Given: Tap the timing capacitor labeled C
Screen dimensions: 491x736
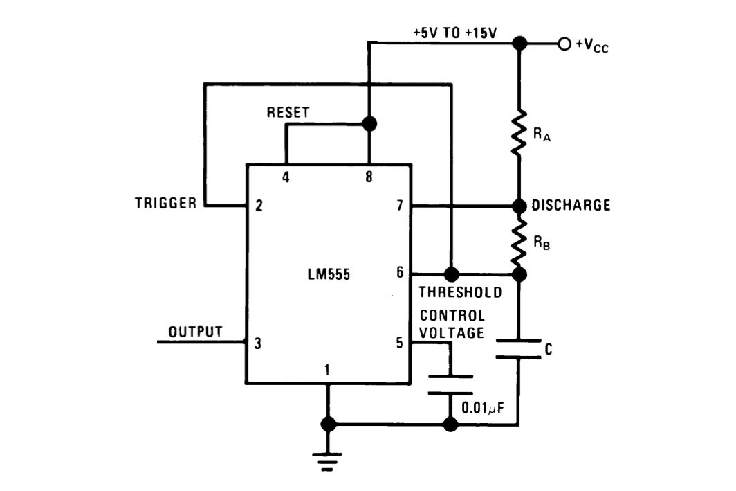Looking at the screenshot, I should [x=519, y=349].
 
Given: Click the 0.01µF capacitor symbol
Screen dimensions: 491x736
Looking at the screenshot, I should [x=450, y=384].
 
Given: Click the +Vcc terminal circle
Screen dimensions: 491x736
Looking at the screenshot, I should [x=564, y=44].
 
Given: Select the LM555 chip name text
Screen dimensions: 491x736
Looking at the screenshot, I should [x=329, y=274].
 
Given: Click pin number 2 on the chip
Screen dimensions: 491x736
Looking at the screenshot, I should [x=258, y=205].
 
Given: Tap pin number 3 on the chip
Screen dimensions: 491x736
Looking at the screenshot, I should [x=258, y=343].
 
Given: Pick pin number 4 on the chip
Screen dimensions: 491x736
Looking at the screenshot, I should [x=285, y=177].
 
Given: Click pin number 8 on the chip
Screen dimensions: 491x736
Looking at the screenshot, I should [x=369, y=177].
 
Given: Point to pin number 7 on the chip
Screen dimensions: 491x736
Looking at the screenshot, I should [x=399, y=205].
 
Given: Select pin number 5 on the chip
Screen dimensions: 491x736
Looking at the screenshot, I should [x=399, y=343].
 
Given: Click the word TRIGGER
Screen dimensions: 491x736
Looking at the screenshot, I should [x=166, y=204].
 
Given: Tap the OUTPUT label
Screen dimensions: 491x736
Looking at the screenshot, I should [x=196, y=332].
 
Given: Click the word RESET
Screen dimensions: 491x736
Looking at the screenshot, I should [x=288, y=112].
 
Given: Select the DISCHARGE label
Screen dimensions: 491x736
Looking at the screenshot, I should [x=571, y=206].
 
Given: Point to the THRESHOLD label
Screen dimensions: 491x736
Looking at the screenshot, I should [x=460, y=292].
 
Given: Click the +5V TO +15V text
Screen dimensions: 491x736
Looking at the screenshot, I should [x=454, y=33].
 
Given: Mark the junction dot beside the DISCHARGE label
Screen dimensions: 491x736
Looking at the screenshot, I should [x=519, y=206].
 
